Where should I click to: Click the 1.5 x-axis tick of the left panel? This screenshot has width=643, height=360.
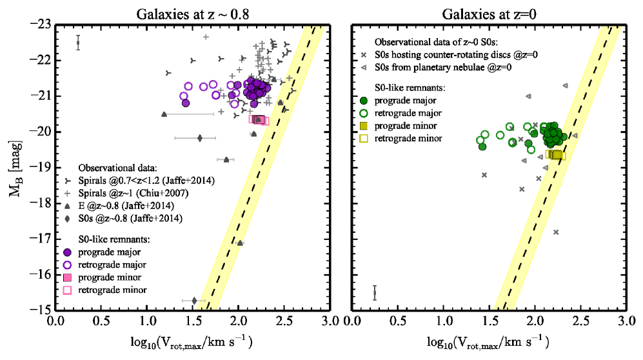click(x=193, y=321)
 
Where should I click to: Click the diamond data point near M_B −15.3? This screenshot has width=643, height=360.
click(x=194, y=300)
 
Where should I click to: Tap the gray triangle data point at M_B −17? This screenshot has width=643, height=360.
click(x=240, y=243)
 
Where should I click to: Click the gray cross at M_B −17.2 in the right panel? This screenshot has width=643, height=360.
click(x=557, y=232)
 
